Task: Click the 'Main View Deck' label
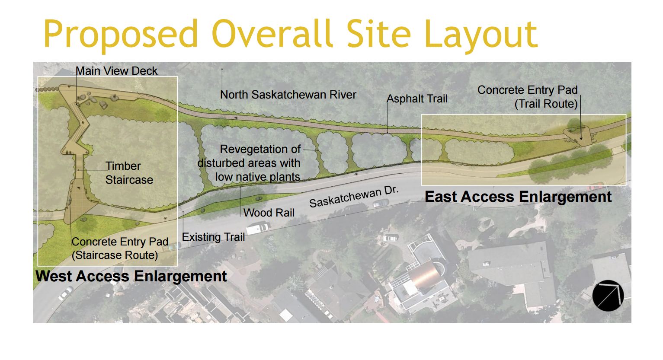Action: click(117, 71)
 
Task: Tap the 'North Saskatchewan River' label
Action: click(288, 95)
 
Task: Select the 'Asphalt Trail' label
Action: click(417, 99)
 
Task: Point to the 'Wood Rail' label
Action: click(269, 213)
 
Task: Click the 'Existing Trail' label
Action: click(213, 237)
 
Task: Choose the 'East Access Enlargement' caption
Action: click(518, 197)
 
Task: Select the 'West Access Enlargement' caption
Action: click(131, 276)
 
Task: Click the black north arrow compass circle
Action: click(608, 296)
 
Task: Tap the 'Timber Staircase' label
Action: click(129, 173)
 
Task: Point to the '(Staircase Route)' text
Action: click(115, 255)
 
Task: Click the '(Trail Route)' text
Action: click(546, 104)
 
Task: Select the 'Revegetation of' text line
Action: click(260, 150)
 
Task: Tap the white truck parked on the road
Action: click(257, 228)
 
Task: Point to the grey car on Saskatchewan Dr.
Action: click(381, 203)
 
